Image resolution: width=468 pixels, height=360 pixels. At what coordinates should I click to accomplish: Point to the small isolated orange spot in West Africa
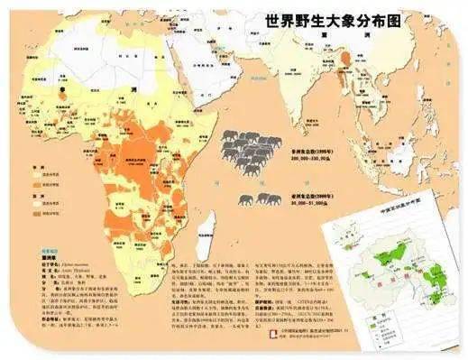point(62,90)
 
